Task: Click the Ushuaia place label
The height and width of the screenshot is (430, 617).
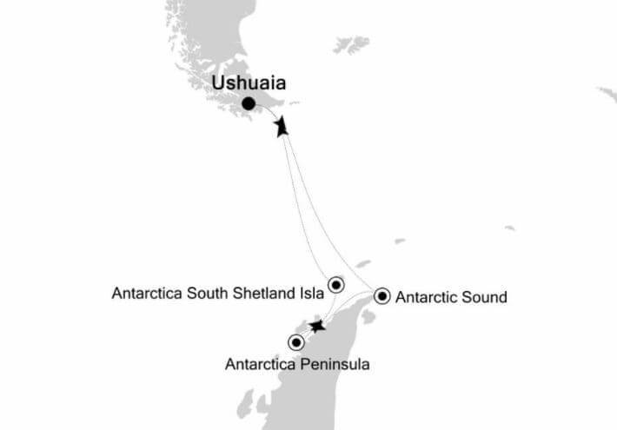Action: pos(248,83)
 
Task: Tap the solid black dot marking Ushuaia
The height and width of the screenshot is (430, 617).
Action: pos(249,104)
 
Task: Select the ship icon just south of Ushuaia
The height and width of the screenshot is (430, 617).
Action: pos(281,128)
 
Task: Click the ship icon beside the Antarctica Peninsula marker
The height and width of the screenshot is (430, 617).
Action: pos(317,327)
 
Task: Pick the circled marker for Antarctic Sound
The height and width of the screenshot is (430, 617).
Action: pos(381,296)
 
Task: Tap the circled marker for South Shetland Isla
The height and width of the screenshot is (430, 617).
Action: pos(336,283)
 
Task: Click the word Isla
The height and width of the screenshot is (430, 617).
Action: pos(308,294)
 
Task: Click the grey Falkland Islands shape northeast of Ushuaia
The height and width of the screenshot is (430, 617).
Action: pos(351,43)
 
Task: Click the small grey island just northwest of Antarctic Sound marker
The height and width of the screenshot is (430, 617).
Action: pos(363,263)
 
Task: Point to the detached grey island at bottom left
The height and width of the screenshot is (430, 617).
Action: pos(246,402)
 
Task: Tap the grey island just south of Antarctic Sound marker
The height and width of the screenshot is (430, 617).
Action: pos(368,317)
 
